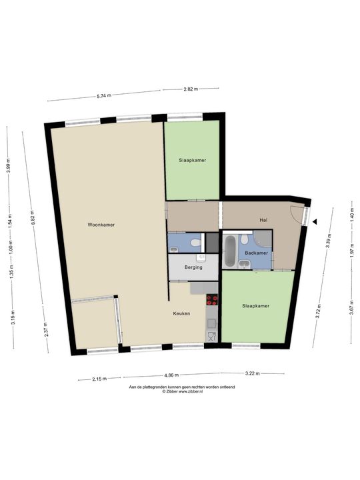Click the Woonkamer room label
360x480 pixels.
101,225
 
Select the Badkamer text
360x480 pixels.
256,253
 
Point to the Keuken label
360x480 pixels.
181,313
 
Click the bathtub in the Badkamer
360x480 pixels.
229,251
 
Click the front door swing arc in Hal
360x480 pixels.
297,212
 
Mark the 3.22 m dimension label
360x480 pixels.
252,373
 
